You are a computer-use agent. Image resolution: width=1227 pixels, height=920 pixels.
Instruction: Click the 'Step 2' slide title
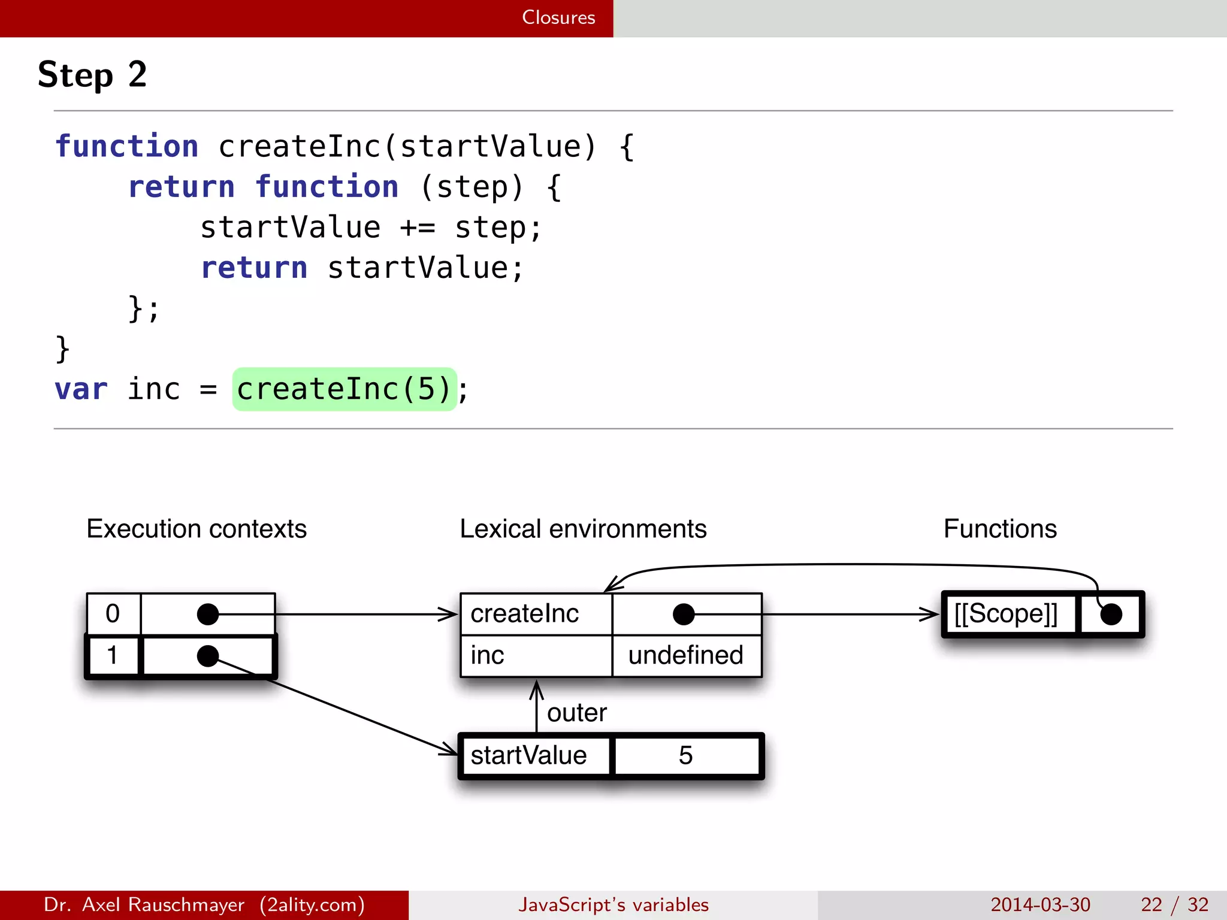92,75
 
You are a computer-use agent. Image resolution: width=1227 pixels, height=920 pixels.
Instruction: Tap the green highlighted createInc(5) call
344,389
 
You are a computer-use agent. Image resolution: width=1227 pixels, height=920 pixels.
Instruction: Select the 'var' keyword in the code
81,389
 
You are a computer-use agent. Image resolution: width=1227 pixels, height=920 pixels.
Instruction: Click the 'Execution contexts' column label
197,529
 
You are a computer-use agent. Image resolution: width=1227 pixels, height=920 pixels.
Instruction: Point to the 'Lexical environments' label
583,529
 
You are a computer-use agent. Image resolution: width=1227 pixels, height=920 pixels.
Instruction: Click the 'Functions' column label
1000,529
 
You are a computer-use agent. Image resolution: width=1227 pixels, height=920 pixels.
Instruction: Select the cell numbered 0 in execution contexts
113,614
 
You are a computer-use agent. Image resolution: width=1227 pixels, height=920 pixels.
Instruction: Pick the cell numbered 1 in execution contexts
113,656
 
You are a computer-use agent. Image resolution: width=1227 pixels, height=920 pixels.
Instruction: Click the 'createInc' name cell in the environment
525,614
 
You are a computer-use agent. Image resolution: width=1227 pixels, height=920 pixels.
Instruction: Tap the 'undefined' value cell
685,656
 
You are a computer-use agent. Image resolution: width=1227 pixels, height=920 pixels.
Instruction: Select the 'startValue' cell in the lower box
528,756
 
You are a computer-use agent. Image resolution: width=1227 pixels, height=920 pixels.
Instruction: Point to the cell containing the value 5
685,756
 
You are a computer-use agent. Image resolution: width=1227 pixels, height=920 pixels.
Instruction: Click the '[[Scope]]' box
1006,614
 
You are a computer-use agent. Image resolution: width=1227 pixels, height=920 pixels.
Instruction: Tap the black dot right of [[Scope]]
1111,615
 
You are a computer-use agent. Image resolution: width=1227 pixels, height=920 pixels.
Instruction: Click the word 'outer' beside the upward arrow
576,713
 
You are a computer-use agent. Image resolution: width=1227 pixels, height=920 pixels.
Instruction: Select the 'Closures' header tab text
558,17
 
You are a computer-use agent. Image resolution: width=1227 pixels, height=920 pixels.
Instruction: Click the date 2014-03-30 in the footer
1040,904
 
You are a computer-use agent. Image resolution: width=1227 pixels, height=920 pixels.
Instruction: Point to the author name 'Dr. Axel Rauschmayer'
144,904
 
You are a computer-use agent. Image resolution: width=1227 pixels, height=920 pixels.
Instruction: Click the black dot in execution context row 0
208,614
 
